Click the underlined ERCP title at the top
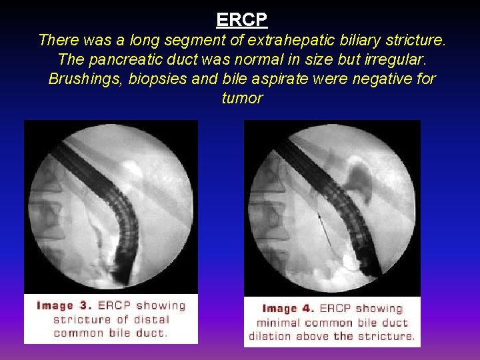point(241,19)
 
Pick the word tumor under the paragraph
point(241,98)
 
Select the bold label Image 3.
point(64,306)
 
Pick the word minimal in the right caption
point(279,323)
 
